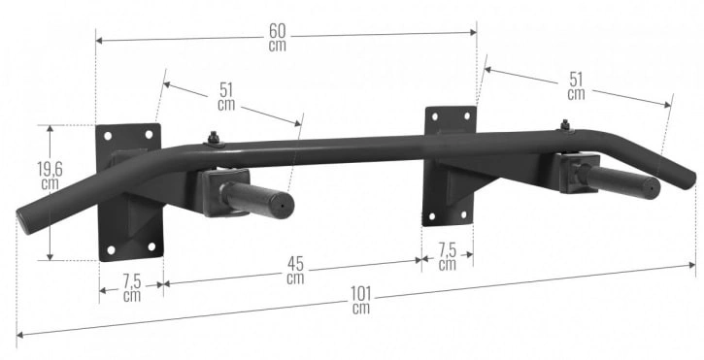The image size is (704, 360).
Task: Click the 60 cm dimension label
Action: pyautogui.click(x=278, y=37)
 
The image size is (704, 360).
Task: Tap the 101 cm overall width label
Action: pyautogui.click(x=361, y=300)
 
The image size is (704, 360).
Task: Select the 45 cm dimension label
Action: pyautogui.click(x=295, y=271)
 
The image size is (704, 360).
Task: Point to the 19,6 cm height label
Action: pyautogui.click(x=50, y=176)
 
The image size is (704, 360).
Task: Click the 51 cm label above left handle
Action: pyautogui.click(x=226, y=96)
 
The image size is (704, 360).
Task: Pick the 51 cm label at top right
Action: pyautogui.click(x=576, y=86)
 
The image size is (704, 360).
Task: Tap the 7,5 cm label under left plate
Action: pyautogui.click(x=132, y=288)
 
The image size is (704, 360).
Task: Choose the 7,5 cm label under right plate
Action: pyautogui.click(x=448, y=257)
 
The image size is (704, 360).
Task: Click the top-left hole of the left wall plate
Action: pyautogui.click(x=108, y=136)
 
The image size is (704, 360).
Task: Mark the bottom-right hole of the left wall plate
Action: pyautogui.click(x=151, y=246)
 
